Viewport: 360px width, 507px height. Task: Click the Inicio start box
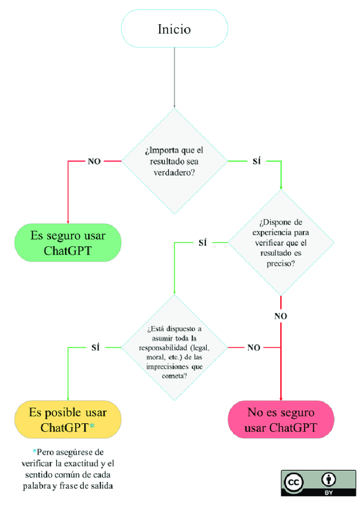tap(174, 29)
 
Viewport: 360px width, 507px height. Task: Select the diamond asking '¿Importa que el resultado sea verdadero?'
tap(174, 161)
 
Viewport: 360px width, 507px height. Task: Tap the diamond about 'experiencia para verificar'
tap(281, 243)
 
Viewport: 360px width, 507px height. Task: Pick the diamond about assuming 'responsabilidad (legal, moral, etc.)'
tap(174, 347)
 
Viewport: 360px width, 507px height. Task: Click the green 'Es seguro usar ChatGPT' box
tap(67, 242)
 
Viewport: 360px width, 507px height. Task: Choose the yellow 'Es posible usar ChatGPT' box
tap(67, 419)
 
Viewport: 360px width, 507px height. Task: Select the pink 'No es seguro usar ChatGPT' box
tap(281, 419)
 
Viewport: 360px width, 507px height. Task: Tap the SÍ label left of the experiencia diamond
tap(202, 243)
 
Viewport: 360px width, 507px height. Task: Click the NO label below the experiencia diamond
tap(281, 316)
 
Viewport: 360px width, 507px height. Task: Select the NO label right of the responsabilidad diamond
tap(253, 347)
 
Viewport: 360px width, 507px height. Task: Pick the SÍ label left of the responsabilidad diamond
tap(96, 347)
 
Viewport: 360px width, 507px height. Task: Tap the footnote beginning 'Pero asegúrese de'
tap(68, 469)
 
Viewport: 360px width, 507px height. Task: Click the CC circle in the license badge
tap(294, 482)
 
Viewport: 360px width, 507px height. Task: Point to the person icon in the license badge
tap(329, 479)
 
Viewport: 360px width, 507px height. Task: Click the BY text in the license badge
tap(329, 493)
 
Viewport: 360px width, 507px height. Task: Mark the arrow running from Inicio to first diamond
tap(174, 77)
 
